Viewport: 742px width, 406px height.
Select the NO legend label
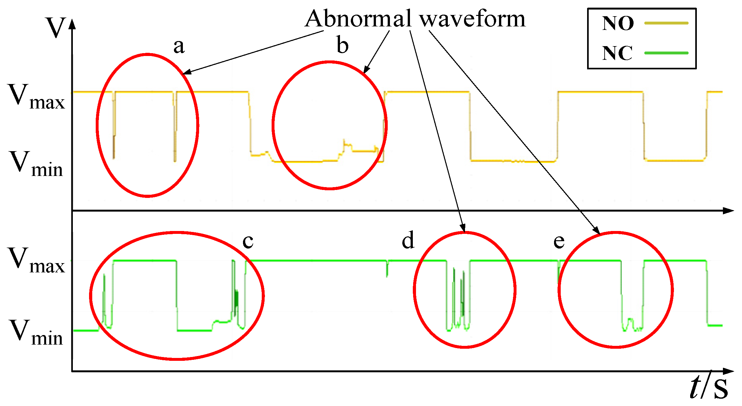[x=618, y=23]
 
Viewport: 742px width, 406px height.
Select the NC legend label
[x=617, y=53]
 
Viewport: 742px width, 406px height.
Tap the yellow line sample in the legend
[x=666, y=23]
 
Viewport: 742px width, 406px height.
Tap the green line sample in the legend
[x=666, y=53]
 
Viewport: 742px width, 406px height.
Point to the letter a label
[x=179, y=47]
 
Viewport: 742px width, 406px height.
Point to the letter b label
[x=343, y=45]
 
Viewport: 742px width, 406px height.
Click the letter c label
[x=248, y=241]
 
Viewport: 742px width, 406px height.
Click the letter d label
[x=408, y=240]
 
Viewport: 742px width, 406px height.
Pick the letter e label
[x=559, y=242]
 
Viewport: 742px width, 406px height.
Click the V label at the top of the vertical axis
[x=56, y=27]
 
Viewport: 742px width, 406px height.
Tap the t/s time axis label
[x=709, y=387]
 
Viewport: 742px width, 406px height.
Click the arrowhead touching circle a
[x=188, y=72]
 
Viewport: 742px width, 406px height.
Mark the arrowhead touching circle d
[x=463, y=228]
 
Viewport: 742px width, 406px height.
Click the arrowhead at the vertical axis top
[x=73, y=24]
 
